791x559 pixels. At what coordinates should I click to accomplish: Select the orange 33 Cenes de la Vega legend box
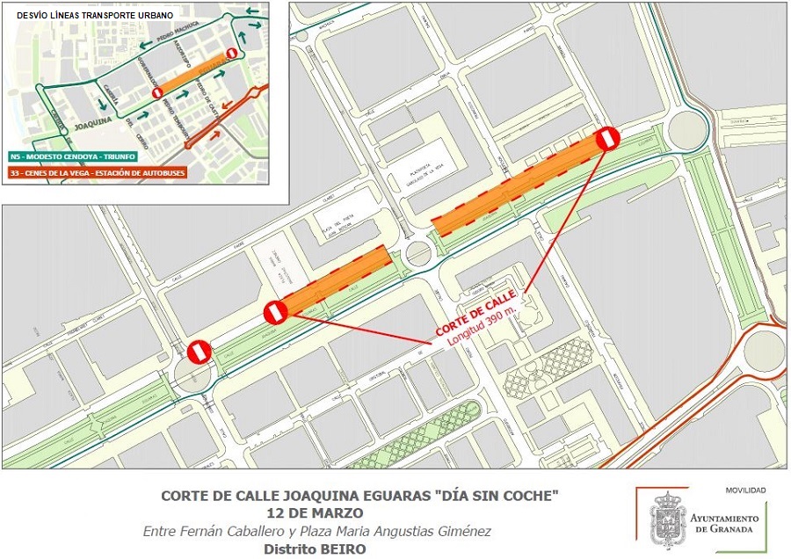(x=106, y=173)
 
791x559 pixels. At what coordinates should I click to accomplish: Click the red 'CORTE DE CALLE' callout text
(x=475, y=314)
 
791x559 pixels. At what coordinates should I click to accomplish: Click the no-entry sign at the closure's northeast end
(x=607, y=138)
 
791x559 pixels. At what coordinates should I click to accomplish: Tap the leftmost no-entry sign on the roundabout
(x=198, y=352)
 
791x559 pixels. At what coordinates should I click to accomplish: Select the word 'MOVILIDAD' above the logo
(x=745, y=490)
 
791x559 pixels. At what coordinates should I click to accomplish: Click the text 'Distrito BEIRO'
(x=315, y=549)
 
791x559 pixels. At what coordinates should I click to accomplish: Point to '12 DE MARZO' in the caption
(x=314, y=512)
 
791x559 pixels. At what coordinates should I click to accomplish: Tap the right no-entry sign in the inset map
(x=231, y=54)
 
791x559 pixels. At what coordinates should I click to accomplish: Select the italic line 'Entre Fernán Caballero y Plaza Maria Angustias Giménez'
(x=316, y=531)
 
